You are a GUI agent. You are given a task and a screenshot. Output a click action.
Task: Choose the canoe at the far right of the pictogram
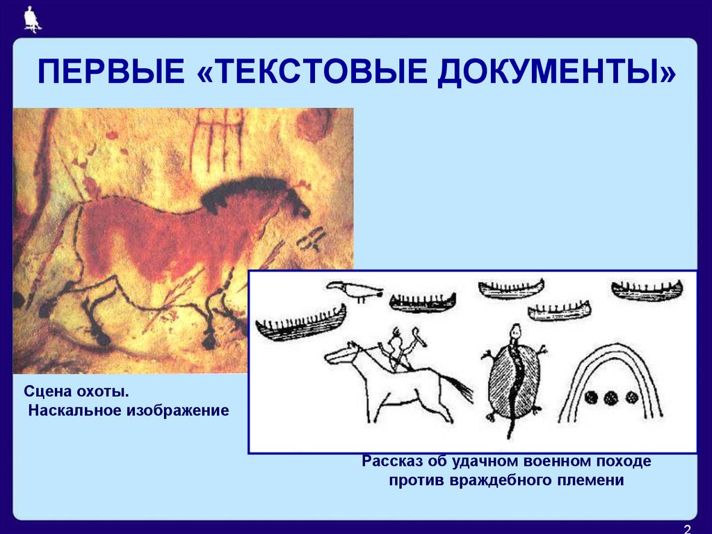646,290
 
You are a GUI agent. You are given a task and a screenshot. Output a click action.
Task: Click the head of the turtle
514,330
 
